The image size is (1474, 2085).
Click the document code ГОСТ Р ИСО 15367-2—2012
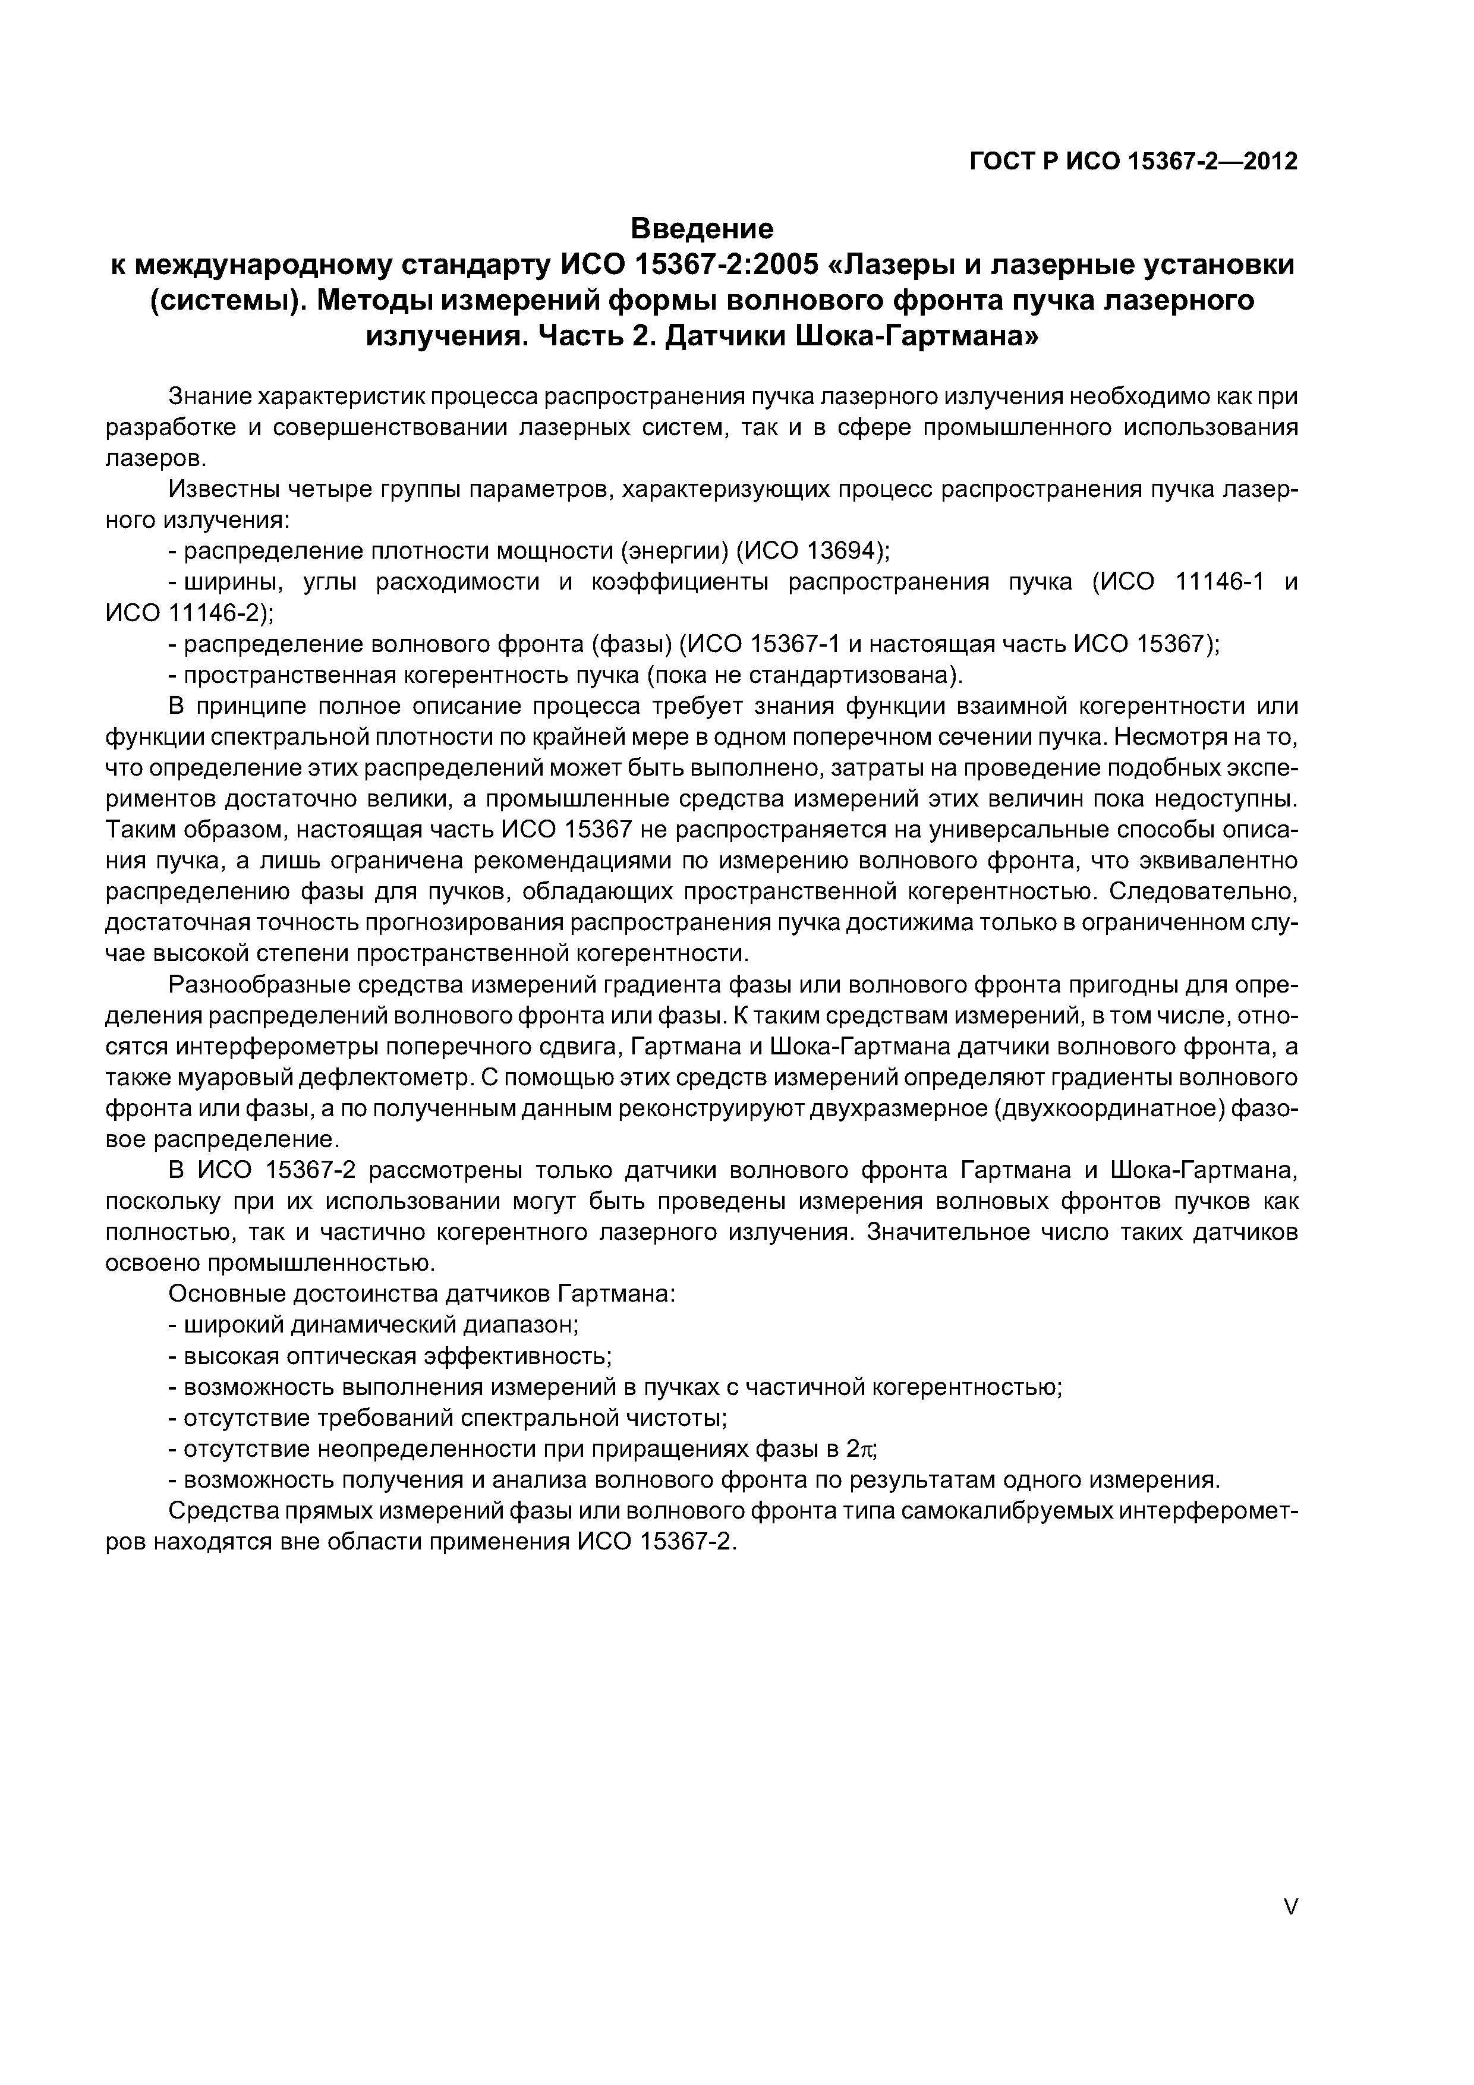(x=1133, y=162)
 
